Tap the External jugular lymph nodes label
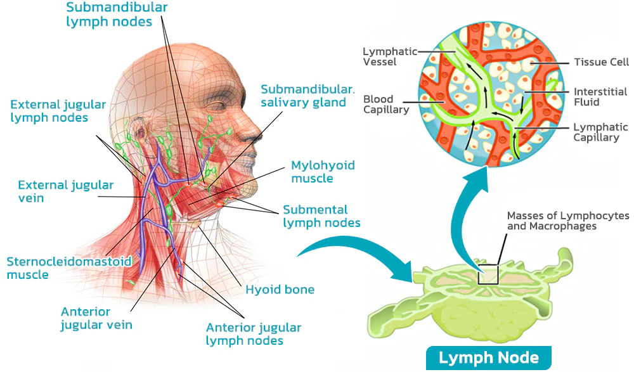point(58,111)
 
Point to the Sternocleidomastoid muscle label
point(68,268)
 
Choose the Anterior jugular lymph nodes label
point(254,334)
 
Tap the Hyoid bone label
point(280,290)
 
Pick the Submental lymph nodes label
point(321,216)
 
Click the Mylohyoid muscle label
point(323,172)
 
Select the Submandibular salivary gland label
point(304,95)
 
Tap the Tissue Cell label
point(601,62)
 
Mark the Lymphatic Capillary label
point(600,132)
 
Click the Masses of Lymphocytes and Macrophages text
point(568,221)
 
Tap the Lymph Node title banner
point(488,357)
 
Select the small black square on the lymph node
point(489,275)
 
